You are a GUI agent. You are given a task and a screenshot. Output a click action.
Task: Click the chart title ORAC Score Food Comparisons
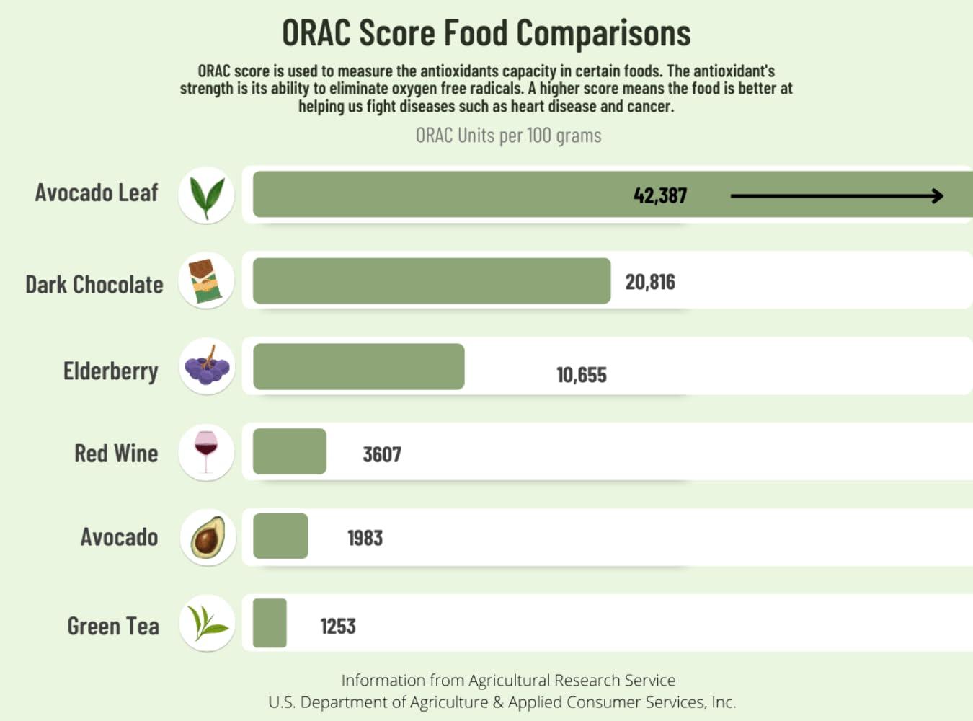[x=486, y=33]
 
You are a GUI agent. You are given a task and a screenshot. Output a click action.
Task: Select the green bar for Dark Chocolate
[x=431, y=280]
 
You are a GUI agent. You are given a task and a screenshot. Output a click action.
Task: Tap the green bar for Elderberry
[x=358, y=366]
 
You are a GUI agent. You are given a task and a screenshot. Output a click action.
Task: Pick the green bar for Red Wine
[x=289, y=451]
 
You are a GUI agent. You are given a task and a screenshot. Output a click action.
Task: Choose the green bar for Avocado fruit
[x=280, y=536]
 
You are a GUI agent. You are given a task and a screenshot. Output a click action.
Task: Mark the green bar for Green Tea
[x=270, y=623]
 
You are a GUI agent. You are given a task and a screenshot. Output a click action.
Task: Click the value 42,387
[x=659, y=195]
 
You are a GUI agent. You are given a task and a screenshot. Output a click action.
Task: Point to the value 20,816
[x=650, y=282]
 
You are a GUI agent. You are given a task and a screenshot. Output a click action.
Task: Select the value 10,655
[x=581, y=375]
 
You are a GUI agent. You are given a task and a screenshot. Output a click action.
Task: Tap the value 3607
[x=382, y=454]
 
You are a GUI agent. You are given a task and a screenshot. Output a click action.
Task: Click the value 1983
[x=365, y=538]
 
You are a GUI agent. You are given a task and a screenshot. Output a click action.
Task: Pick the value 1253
[x=338, y=626]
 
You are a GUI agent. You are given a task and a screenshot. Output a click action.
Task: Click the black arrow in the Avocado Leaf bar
[x=836, y=195]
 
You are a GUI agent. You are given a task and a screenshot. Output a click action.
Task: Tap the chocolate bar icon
[x=206, y=280]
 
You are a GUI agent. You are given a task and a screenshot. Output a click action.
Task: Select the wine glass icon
[x=206, y=451]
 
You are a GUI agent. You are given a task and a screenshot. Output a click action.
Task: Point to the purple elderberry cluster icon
[x=207, y=366]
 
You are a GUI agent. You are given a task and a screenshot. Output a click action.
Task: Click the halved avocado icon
[x=208, y=537]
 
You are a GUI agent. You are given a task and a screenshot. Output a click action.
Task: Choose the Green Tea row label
[x=113, y=626]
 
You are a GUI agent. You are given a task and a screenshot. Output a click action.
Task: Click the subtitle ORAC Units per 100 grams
[x=508, y=136]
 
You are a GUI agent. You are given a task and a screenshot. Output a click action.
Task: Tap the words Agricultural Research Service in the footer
[x=572, y=680]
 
